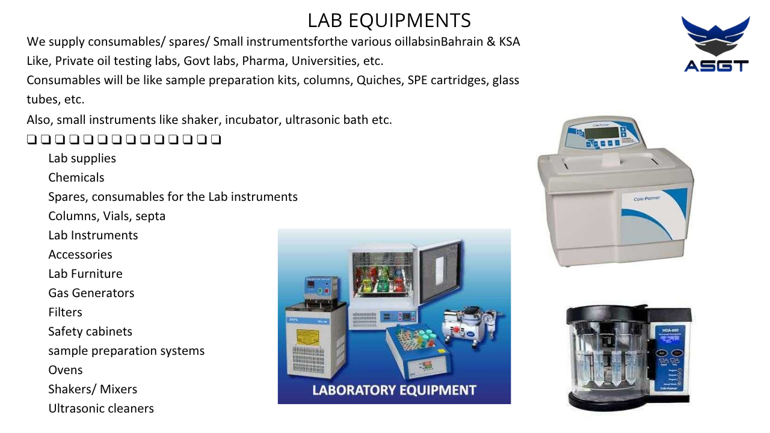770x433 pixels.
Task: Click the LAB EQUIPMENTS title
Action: (x=389, y=20)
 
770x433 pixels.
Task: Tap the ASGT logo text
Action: (x=716, y=66)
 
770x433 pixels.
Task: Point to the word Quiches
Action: (x=378, y=80)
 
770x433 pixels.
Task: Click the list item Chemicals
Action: (x=76, y=177)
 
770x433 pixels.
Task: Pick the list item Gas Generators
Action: (x=91, y=293)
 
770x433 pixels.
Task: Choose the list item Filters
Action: (x=66, y=312)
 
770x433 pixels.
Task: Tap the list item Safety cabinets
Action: (x=90, y=331)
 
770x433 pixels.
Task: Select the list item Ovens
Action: (x=66, y=370)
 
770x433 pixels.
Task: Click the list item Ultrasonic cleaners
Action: (x=101, y=408)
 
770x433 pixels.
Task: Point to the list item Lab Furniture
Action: (x=85, y=274)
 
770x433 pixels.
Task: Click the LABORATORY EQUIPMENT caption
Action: (x=394, y=390)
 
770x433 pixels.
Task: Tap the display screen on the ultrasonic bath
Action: (x=602, y=133)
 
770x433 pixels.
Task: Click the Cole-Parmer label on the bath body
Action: (x=647, y=198)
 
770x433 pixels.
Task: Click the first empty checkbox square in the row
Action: (x=32, y=140)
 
